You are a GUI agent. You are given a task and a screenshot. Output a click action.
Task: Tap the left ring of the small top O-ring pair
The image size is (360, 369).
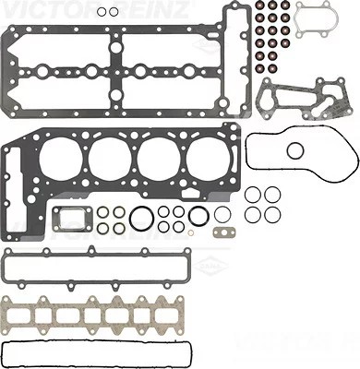point(102,12)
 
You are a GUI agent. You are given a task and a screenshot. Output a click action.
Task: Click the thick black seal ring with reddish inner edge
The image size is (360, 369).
point(198,218)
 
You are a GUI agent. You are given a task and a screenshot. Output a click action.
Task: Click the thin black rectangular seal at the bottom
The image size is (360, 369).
point(98,353)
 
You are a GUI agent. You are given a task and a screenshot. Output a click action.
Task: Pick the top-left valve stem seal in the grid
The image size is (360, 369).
point(262,13)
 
